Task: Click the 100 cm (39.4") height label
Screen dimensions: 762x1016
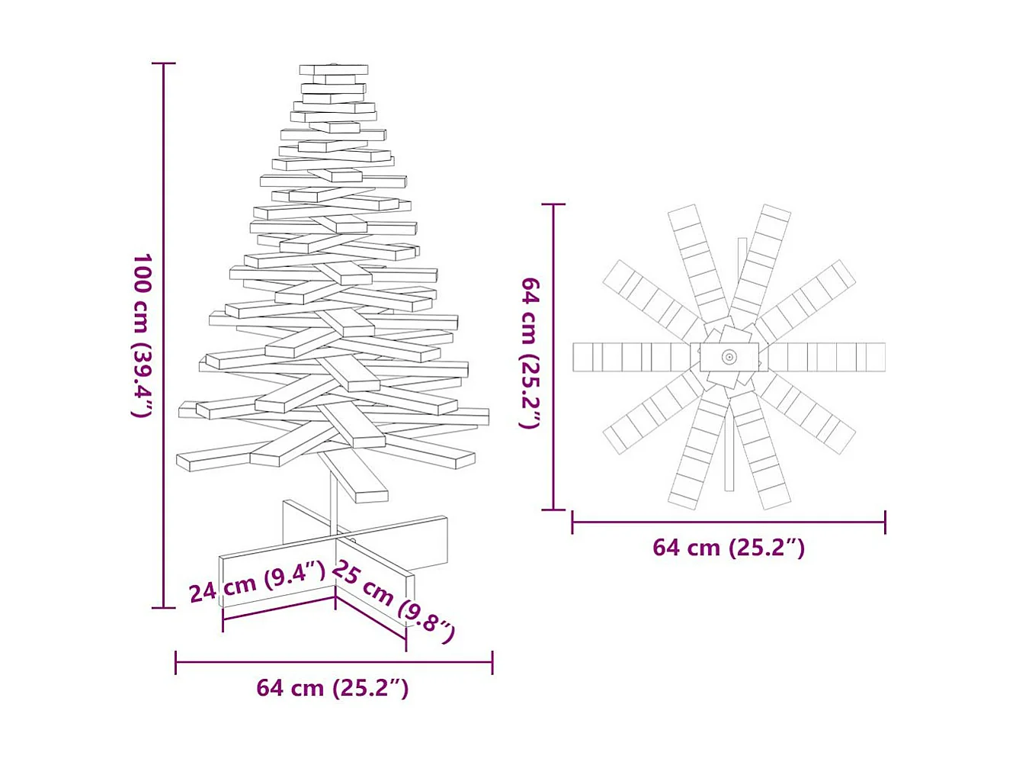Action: [143, 336]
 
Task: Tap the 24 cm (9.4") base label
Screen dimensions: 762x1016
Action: [257, 582]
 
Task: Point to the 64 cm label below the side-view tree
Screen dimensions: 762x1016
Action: [332, 688]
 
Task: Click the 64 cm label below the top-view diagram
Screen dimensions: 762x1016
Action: [729, 548]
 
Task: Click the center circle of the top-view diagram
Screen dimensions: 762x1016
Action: [729, 357]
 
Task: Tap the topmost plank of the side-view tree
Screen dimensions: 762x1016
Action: [333, 69]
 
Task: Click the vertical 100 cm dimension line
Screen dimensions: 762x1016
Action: [164, 336]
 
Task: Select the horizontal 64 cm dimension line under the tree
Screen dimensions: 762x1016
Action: [334, 662]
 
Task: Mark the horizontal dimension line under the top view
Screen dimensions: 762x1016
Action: [729, 522]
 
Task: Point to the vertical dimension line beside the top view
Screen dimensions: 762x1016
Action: [553, 357]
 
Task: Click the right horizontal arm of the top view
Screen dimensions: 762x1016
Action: [827, 357]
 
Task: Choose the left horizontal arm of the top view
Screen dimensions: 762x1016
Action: [631, 357]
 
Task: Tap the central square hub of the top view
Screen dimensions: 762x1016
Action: [729, 357]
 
